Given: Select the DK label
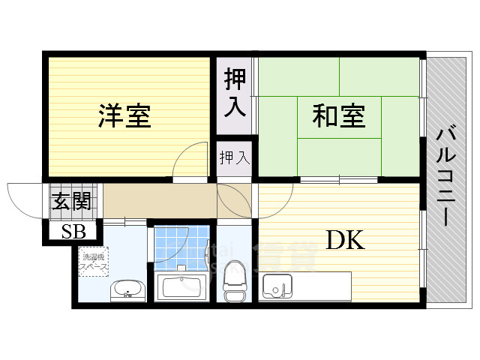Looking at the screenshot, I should [344, 240].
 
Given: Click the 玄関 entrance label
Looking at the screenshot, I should [71, 201].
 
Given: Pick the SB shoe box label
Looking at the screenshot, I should [73, 231].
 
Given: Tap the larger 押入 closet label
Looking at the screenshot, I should [235, 92].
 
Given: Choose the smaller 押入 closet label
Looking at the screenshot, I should [234, 157].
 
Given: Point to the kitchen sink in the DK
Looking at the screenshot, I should [278, 286].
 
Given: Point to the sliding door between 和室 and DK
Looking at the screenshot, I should [337, 180].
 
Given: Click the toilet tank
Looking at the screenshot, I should [233, 295].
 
